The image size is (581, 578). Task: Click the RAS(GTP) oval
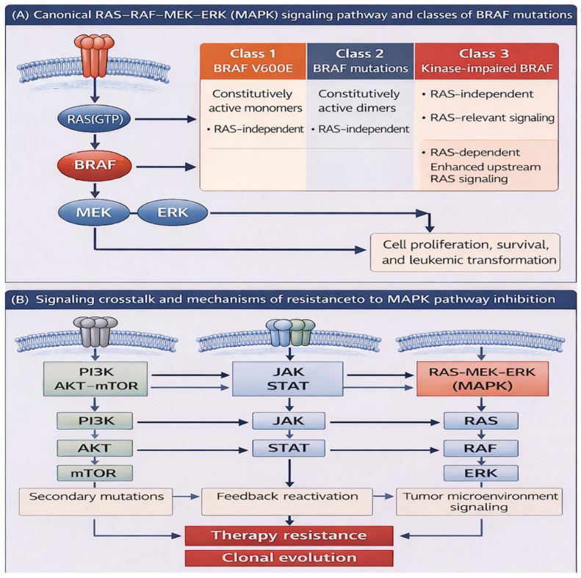(94, 119)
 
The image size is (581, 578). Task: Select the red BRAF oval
(95, 165)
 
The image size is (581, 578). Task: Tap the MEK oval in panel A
(94, 213)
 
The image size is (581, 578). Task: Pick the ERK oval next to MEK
(173, 213)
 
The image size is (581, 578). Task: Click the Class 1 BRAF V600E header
(253, 61)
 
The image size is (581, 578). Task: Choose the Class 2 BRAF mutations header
(360, 61)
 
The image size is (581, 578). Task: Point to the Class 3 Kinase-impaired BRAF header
(486, 61)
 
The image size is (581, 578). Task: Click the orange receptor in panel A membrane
(94, 55)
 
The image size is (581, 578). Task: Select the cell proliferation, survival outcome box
(466, 253)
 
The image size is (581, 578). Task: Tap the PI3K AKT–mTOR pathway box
(95, 379)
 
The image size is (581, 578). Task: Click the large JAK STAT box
(287, 379)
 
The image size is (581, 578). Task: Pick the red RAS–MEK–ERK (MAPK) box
(483, 379)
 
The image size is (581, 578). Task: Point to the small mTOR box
(95, 473)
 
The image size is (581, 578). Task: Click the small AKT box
(95, 448)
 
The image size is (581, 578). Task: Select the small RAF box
(481, 448)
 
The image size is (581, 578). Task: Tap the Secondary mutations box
(95, 502)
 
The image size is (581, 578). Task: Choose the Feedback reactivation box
(286, 502)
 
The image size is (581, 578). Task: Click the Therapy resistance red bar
(289, 535)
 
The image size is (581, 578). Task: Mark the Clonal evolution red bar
(289, 558)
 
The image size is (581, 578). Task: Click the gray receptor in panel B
(95, 331)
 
